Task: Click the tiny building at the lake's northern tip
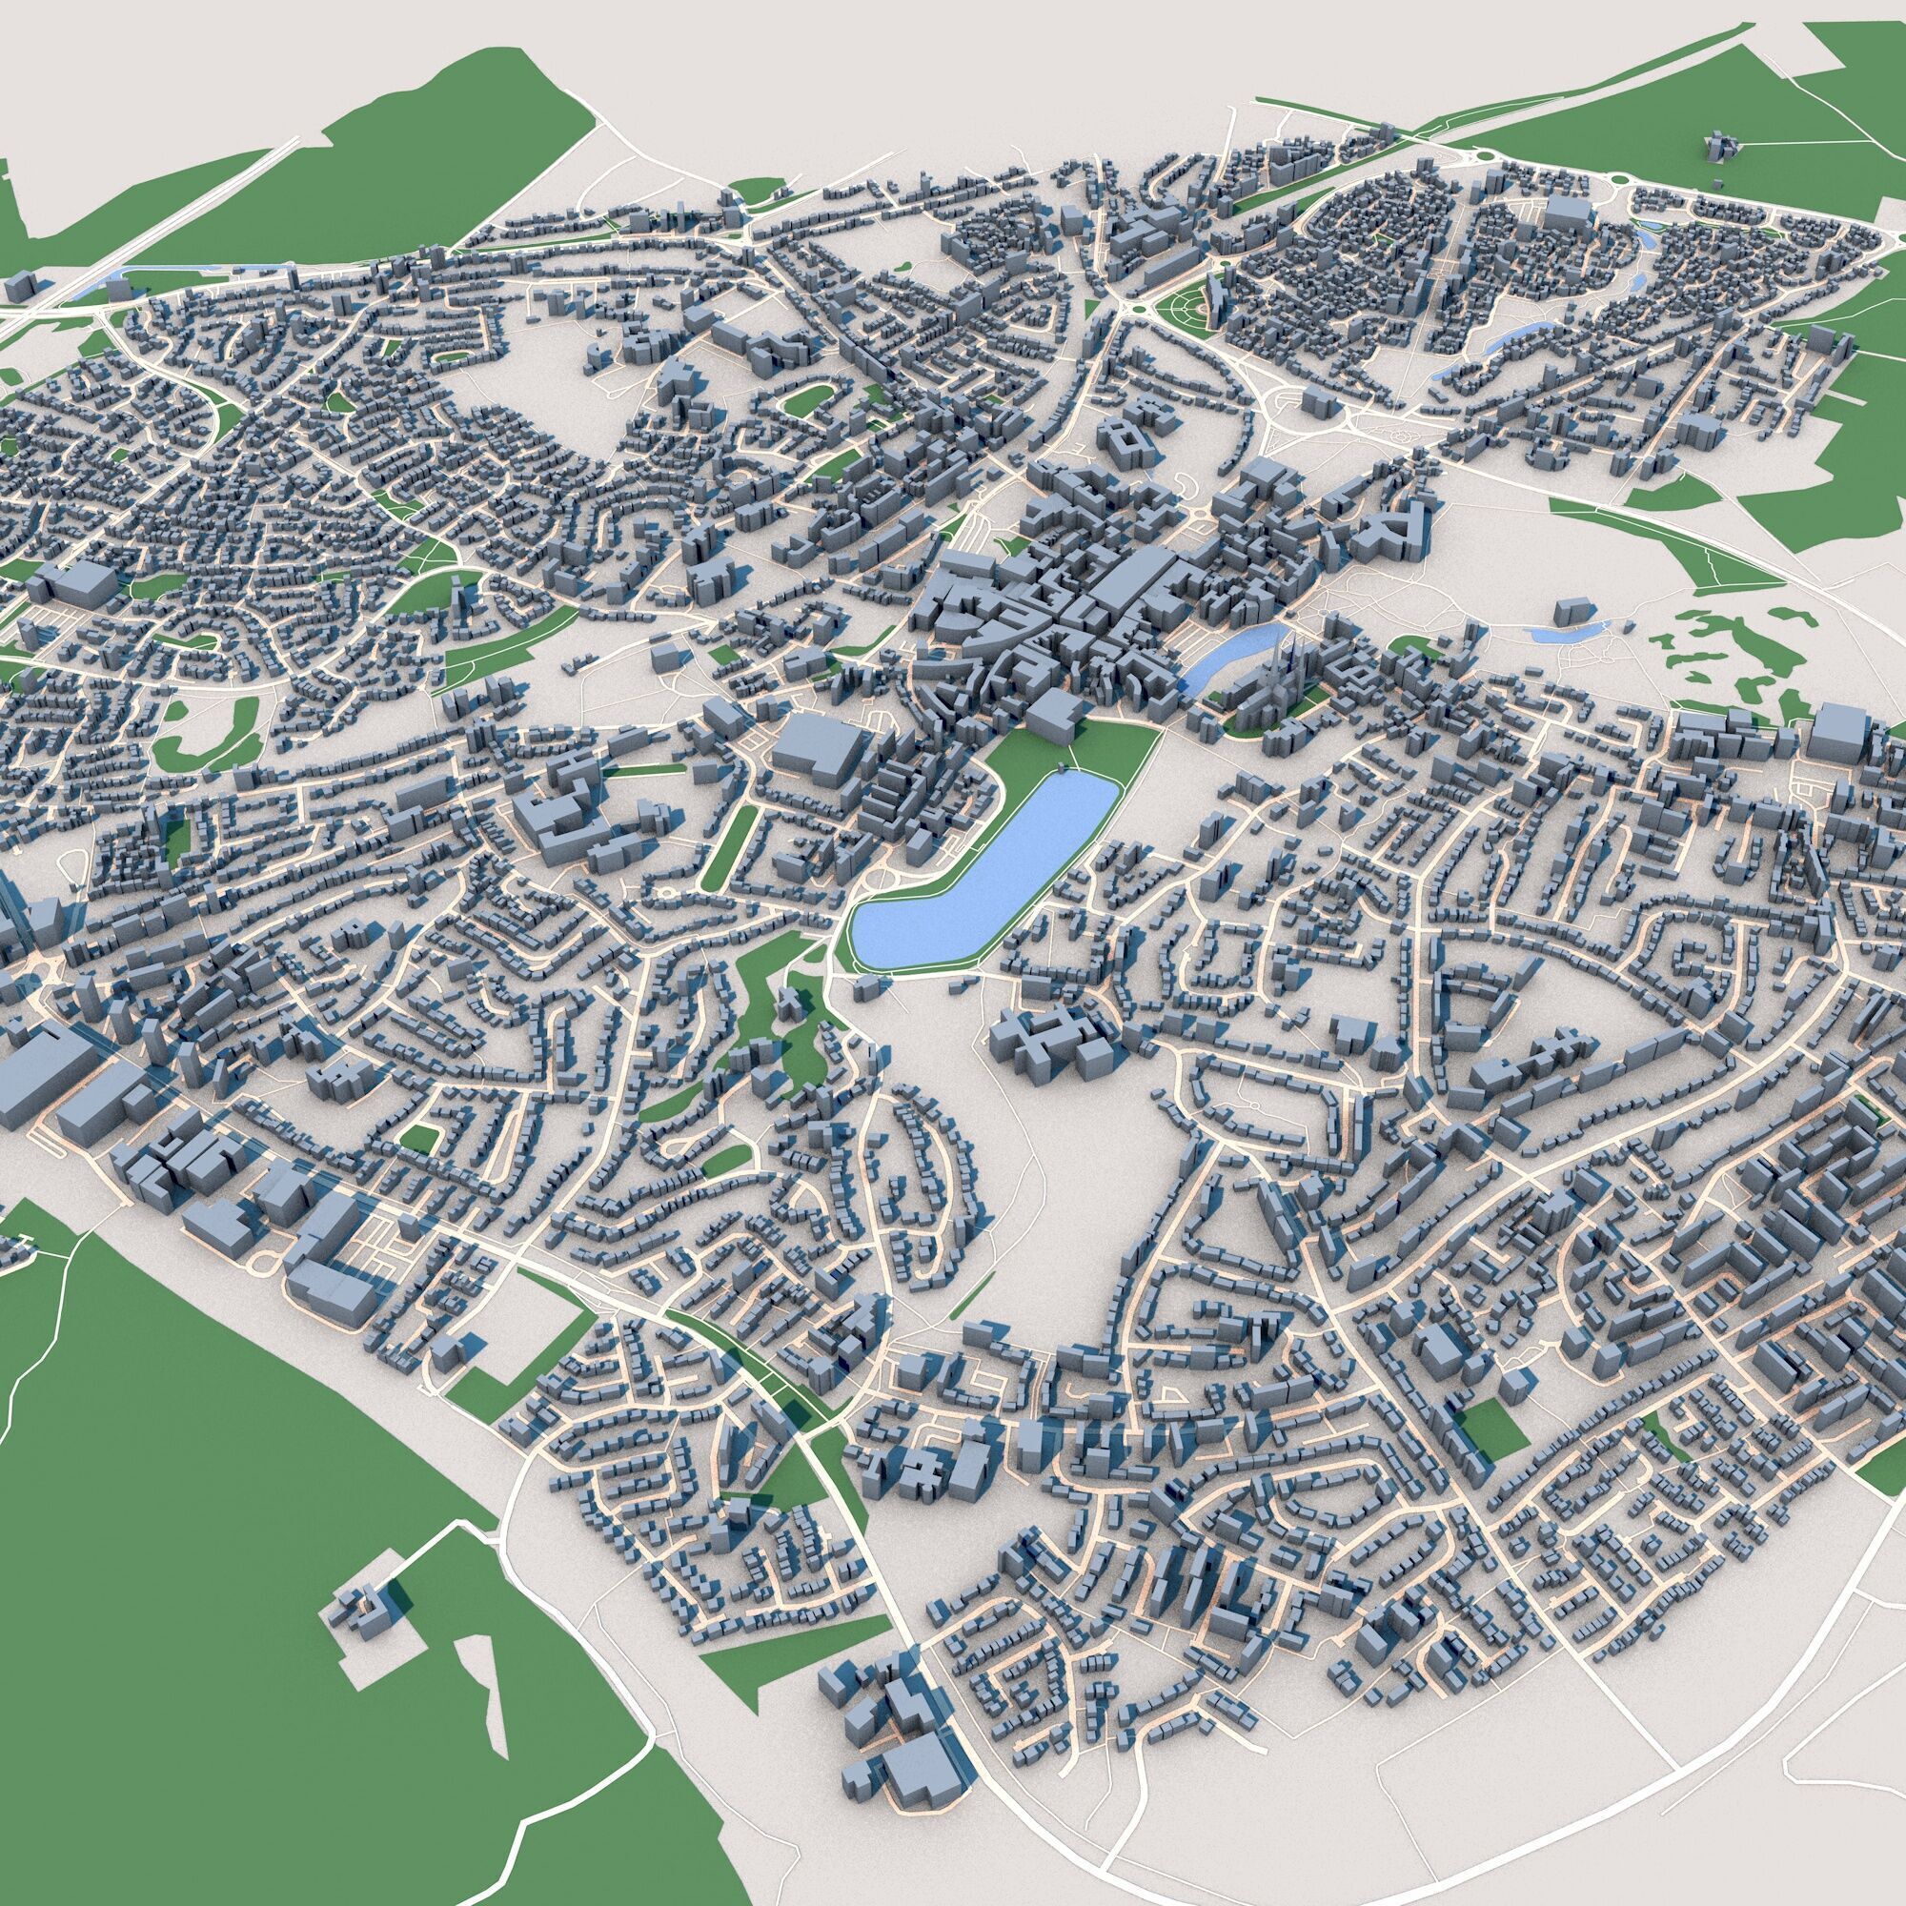(x=1061, y=767)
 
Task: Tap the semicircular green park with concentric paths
(x=1186, y=305)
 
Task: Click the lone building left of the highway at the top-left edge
(x=20, y=288)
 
